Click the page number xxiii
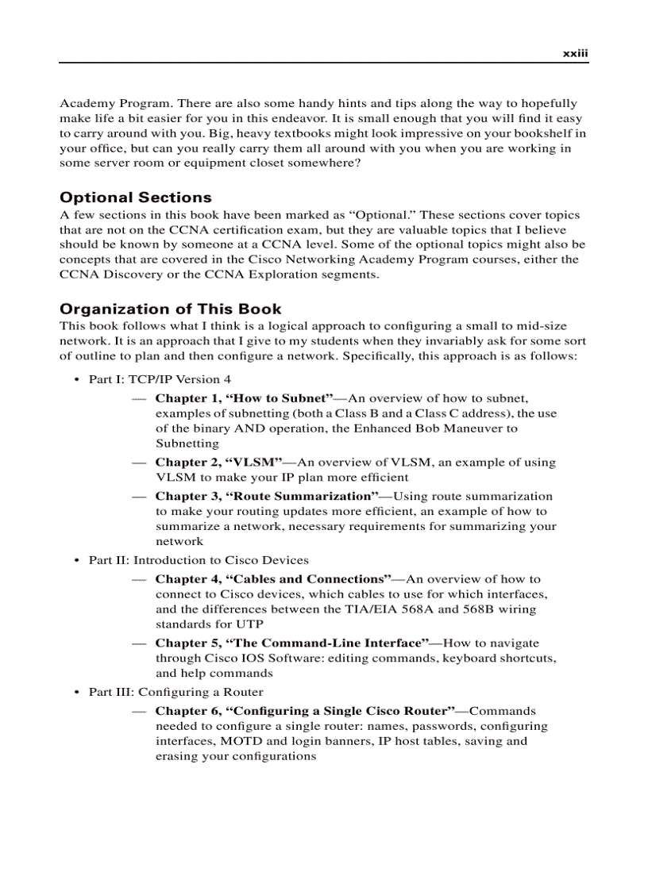[575, 53]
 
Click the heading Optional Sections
[136, 198]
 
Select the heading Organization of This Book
[171, 309]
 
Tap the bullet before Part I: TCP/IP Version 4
[76, 380]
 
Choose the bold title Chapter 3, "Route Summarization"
[267, 496]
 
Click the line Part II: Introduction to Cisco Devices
[199, 560]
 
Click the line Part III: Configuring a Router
[175, 692]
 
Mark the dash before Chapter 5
[139, 643]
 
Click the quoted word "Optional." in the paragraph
[384, 215]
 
